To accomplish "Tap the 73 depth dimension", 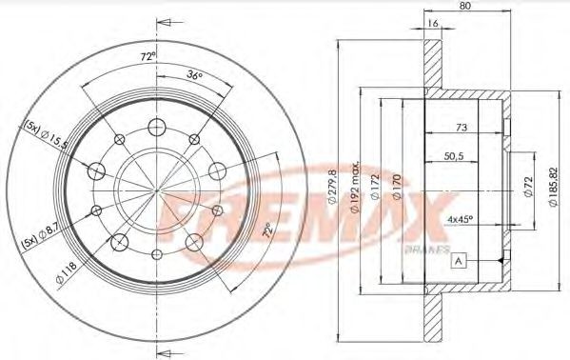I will [460, 126].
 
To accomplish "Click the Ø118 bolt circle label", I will [65, 279].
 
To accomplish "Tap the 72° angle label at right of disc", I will [270, 229].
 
